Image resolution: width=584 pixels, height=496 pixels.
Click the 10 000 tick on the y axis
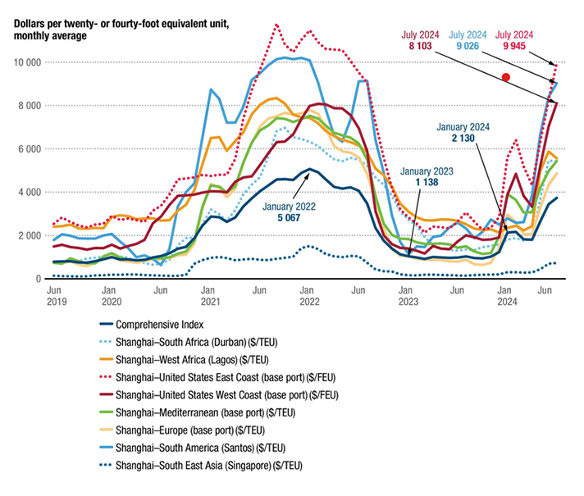[x=26, y=62]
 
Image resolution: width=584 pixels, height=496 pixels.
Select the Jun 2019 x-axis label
[x=56, y=296]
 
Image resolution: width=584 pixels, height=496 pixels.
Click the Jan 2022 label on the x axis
[x=308, y=296]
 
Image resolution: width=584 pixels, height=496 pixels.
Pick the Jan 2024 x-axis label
[x=506, y=296]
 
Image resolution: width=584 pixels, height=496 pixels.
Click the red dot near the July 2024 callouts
[x=506, y=77]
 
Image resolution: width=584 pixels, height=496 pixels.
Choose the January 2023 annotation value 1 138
[x=422, y=182]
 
